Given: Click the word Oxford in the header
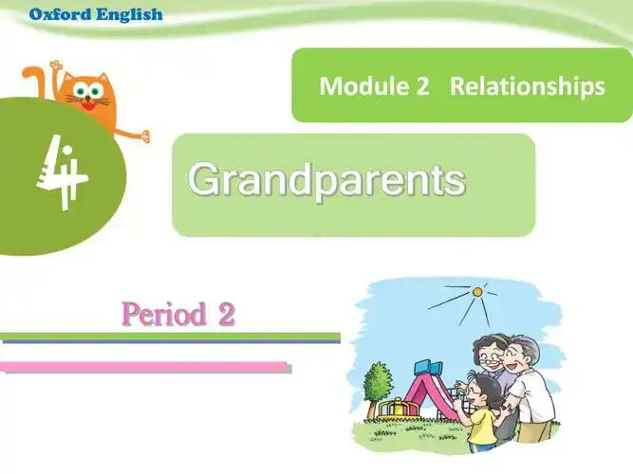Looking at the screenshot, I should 59,14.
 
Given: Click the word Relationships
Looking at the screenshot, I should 527,86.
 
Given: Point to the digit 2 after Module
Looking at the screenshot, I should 422,86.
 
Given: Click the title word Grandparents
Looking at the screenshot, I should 326,178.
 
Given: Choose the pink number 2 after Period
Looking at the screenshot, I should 226,314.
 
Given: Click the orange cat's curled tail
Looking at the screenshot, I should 32,80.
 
